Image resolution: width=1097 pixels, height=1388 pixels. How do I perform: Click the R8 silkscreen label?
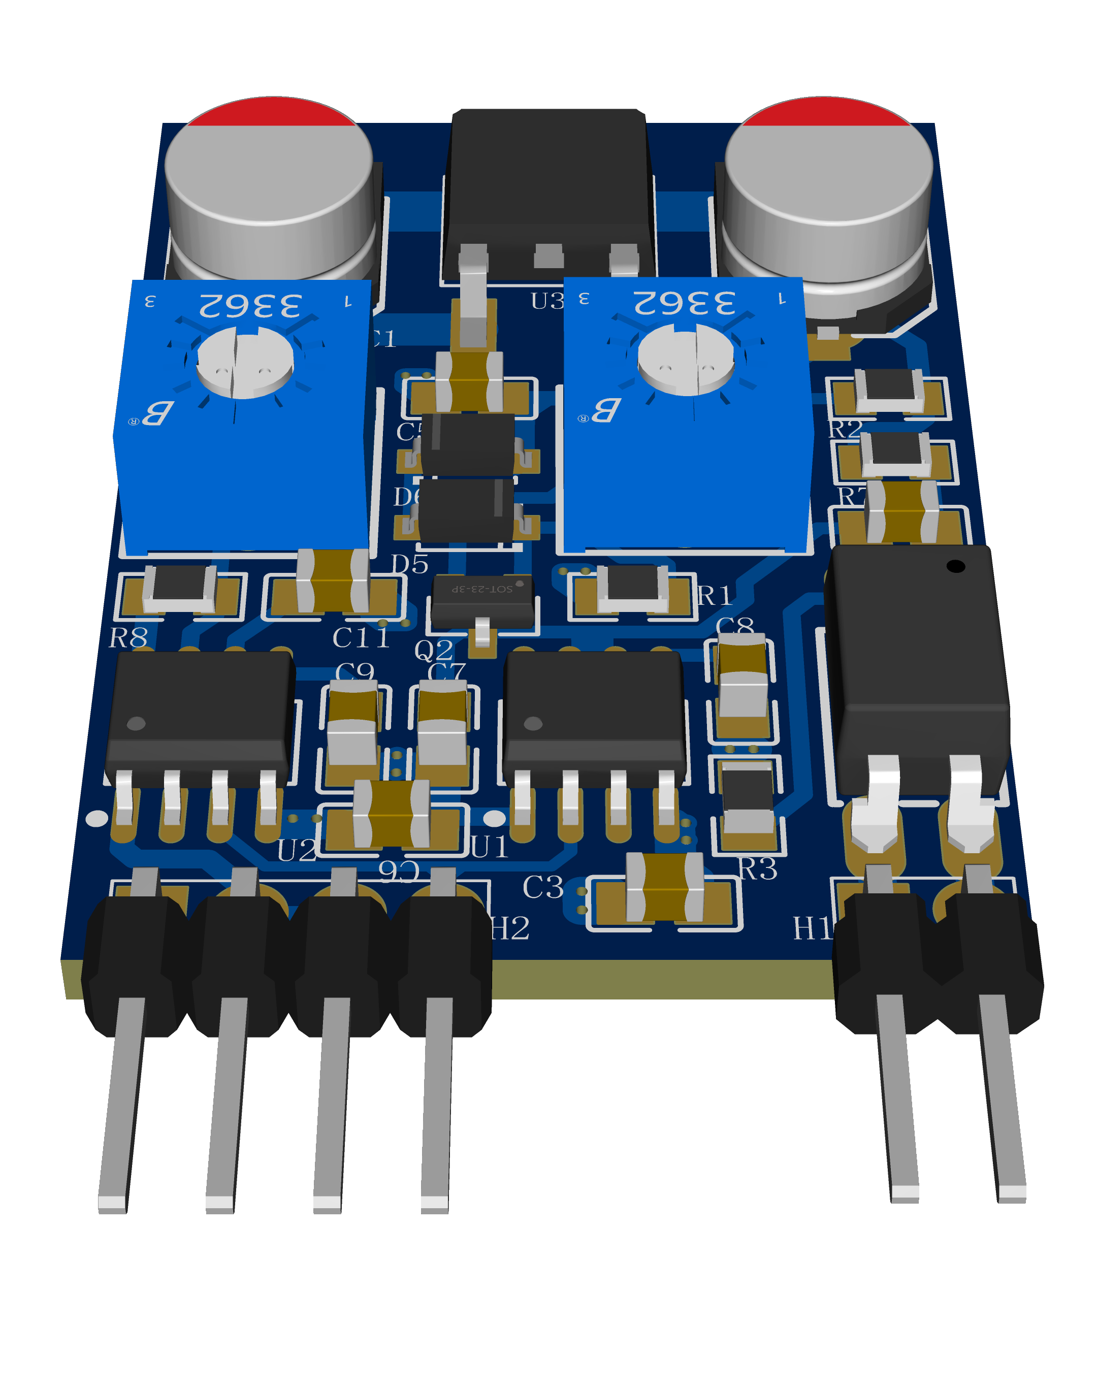pos(128,638)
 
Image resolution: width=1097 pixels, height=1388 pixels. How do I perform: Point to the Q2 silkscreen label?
pos(434,650)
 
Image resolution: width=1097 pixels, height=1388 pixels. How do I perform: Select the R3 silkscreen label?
pos(758,869)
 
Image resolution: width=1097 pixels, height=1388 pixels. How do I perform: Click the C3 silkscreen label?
pos(543,888)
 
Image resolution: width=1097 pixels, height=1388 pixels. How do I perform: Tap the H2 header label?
pos(510,928)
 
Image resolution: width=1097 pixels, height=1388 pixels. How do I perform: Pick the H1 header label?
pos(813,928)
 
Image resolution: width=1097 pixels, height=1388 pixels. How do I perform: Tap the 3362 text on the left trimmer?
pos(250,306)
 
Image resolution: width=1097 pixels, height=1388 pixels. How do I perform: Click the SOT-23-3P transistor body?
pos(482,597)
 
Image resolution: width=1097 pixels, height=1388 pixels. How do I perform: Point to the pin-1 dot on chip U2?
pos(136,724)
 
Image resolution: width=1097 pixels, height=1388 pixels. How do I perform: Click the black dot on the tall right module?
pos(956,566)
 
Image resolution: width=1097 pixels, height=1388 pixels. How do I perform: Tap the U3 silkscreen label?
pos(547,301)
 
